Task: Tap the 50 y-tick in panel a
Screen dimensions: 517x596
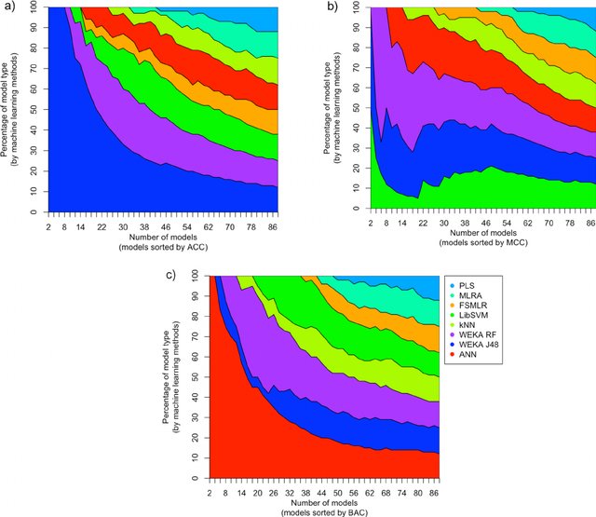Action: point(31,111)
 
